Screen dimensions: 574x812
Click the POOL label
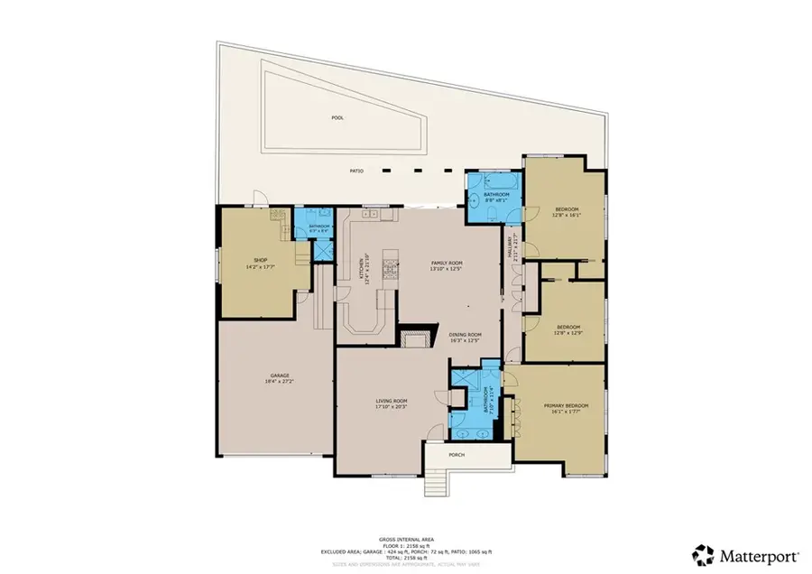(337, 117)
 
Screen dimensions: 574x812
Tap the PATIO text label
(357, 171)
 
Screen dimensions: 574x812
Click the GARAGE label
(280, 375)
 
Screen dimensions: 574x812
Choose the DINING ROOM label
(466, 335)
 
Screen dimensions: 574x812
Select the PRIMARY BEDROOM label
(566, 406)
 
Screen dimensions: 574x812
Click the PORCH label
(457, 455)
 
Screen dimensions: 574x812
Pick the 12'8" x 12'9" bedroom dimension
(567, 333)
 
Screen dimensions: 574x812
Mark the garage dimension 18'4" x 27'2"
(280, 382)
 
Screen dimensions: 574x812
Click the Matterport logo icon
(703, 553)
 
